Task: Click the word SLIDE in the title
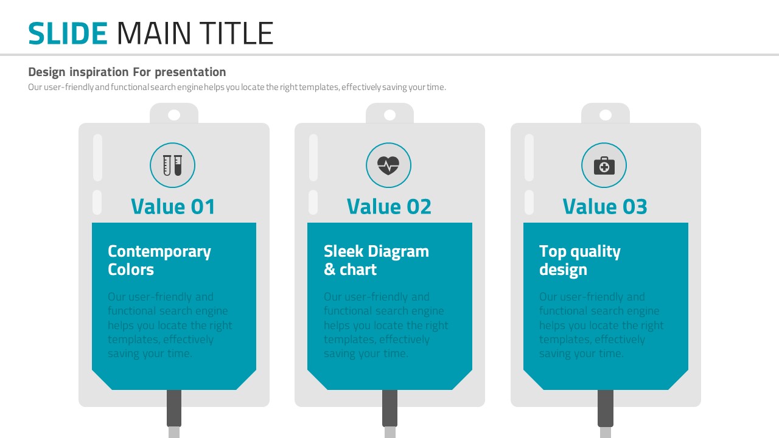[x=68, y=33]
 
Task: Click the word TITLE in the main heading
[x=236, y=33]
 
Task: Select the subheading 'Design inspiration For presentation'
[x=127, y=72]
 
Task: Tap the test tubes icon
[x=172, y=165]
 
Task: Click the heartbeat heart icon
[x=388, y=165]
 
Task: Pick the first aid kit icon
[x=604, y=165]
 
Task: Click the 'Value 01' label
[x=173, y=206]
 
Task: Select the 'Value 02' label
[x=389, y=206]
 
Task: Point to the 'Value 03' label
[x=605, y=206]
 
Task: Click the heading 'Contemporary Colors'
[x=159, y=260]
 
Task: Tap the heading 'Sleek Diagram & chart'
[x=376, y=260]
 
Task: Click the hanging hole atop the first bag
[x=174, y=115]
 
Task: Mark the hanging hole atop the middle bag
[x=390, y=115]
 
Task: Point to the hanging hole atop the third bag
[x=606, y=115]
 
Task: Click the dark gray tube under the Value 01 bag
[x=174, y=408]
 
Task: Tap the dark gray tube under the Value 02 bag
[x=390, y=408]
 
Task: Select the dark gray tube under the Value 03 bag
[x=606, y=408]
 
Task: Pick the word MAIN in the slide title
[x=154, y=33]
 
